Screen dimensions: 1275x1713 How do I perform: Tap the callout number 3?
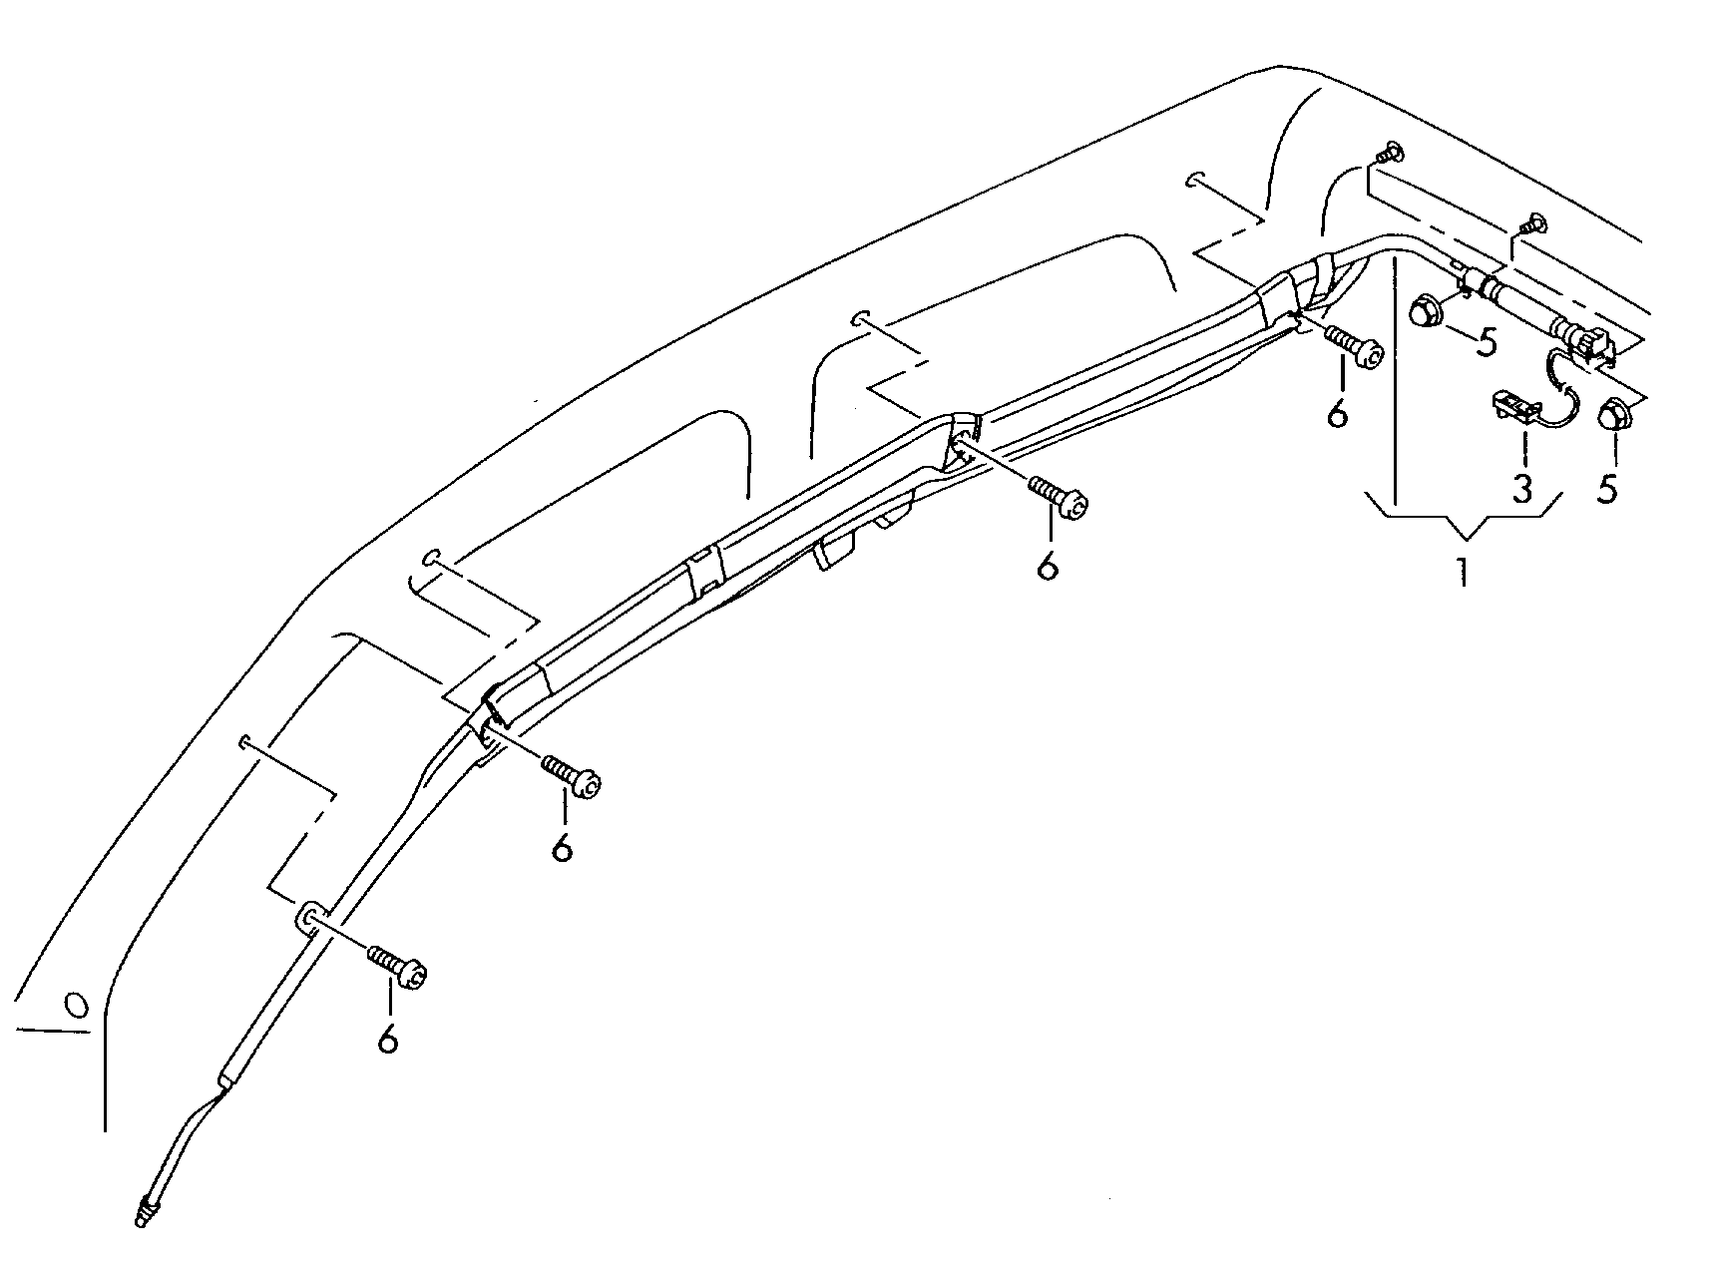tap(1522, 488)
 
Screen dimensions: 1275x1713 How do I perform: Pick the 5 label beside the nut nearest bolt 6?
tap(1487, 342)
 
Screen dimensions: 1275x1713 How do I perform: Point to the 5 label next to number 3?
tap(1607, 488)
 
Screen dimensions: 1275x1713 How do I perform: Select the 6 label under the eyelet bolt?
tap(388, 1038)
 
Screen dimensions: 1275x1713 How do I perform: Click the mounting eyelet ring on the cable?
tap(310, 915)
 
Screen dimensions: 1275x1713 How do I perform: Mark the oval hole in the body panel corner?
tap(74, 1003)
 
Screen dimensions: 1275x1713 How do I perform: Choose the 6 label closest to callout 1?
tap(1337, 411)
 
